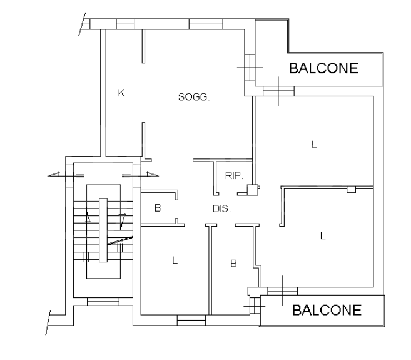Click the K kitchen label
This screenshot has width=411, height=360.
pyautogui.click(x=121, y=93)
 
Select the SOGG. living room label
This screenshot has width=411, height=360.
pyautogui.click(x=193, y=97)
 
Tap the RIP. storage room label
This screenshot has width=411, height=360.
pyautogui.click(x=234, y=176)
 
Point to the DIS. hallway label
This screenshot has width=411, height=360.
pyautogui.click(x=221, y=209)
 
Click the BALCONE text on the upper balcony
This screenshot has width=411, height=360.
pyautogui.click(x=323, y=69)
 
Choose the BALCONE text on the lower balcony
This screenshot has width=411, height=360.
pyautogui.click(x=327, y=309)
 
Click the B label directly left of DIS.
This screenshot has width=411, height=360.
pyautogui.click(x=158, y=208)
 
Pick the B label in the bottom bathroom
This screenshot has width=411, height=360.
pyautogui.click(x=233, y=264)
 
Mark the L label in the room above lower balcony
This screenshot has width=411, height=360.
pyautogui.click(x=323, y=236)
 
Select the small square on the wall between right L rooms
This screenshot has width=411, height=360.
pyautogui.click(x=351, y=188)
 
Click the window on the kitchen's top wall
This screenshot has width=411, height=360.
pyautogui.click(x=125, y=24)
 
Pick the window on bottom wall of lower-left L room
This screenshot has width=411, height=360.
pyautogui.click(x=191, y=320)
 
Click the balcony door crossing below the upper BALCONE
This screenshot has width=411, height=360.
pyautogui.click(x=278, y=91)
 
